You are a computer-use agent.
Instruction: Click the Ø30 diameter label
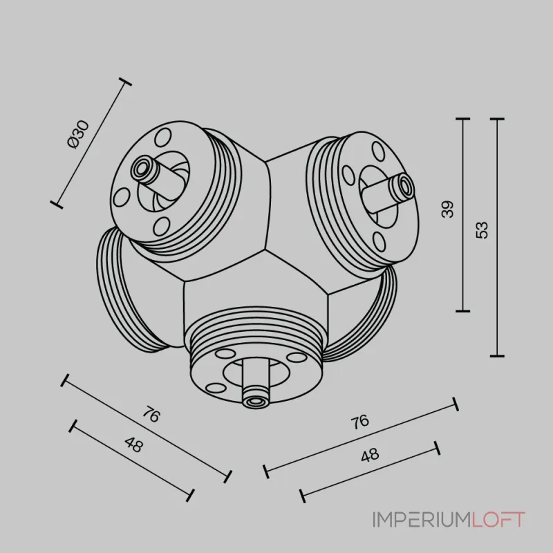pyautogui.click(x=78, y=134)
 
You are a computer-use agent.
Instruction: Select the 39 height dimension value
pyautogui.click(x=447, y=209)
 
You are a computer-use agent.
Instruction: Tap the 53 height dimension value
pyautogui.click(x=482, y=230)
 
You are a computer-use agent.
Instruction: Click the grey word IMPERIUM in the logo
pyautogui.click(x=422, y=520)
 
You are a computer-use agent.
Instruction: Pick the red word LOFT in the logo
pyautogui.click(x=498, y=520)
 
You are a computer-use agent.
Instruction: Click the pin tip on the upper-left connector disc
pyautogui.click(x=142, y=169)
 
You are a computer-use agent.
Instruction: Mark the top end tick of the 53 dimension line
pyautogui.click(x=497, y=119)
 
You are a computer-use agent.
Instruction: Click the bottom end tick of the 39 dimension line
pyautogui.click(x=462, y=311)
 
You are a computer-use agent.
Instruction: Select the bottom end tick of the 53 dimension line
pyautogui.click(x=497, y=356)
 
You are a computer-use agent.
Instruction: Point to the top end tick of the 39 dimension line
pyautogui.click(x=462, y=119)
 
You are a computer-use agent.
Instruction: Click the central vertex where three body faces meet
pyautogui.click(x=265, y=250)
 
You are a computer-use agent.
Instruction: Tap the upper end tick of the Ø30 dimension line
pyautogui.click(x=124, y=82)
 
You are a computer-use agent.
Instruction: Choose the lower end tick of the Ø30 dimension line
pyautogui.click(x=57, y=205)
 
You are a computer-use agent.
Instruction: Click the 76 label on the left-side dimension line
pyautogui.click(x=151, y=415)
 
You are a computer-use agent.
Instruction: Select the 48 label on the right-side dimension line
pyautogui.click(x=371, y=455)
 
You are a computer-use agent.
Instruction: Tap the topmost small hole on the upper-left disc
pyautogui.click(x=163, y=138)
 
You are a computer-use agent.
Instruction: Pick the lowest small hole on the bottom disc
pyautogui.click(x=215, y=388)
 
